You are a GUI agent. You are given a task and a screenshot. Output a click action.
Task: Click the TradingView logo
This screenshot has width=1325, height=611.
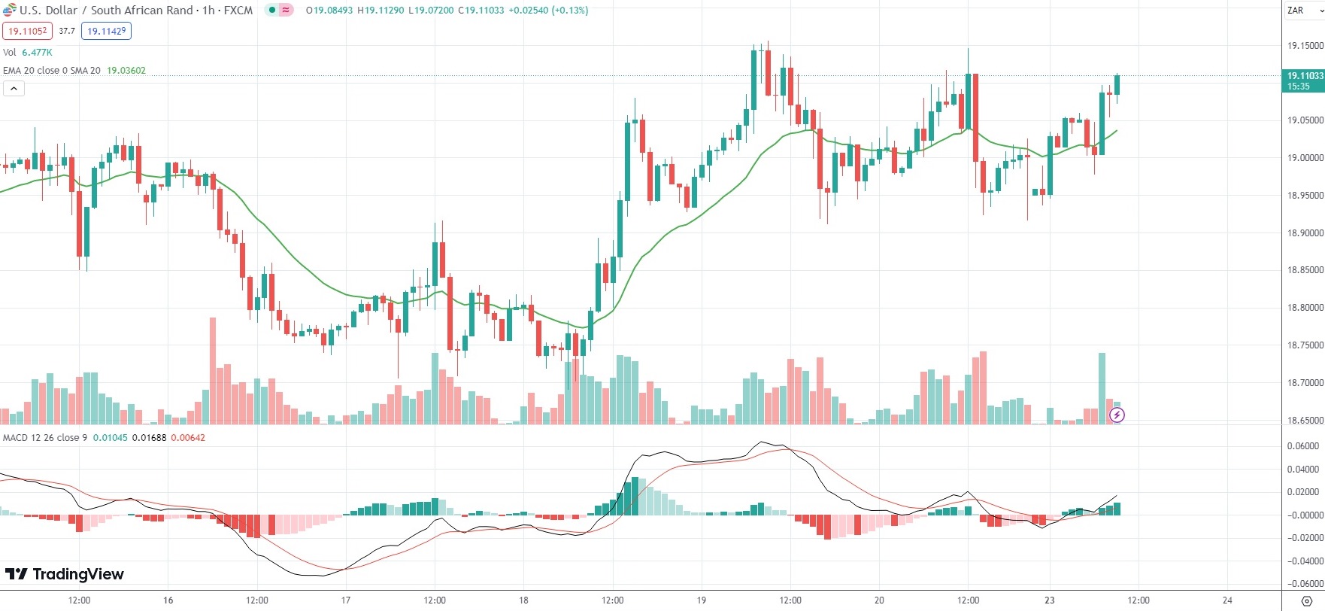click(x=65, y=574)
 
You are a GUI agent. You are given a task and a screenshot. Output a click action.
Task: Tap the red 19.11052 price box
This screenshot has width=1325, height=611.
click(x=27, y=31)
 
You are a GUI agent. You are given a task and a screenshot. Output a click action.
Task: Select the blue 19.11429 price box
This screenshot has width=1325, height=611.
click(x=106, y=31)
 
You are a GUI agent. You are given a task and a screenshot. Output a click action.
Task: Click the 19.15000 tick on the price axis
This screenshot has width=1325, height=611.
click(x=1305, y=46)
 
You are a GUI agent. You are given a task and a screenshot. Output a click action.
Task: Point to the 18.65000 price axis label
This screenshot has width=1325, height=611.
click(x=1305, y=421)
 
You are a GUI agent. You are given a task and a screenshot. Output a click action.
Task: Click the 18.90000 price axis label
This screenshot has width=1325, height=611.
click(x=1305, y=233)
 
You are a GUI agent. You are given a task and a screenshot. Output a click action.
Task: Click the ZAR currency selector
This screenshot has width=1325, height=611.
click(x=1302, y=11)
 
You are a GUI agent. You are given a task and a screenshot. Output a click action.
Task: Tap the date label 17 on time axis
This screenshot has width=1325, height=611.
click(x=346, y=600)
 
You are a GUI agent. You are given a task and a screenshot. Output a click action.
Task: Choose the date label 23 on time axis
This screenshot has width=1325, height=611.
click(x=1050, y=600)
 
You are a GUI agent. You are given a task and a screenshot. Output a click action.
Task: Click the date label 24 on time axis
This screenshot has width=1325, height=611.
click(x=1227, y=600)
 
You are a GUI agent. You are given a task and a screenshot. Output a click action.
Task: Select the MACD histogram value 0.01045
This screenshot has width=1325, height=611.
click(x=110, y=438)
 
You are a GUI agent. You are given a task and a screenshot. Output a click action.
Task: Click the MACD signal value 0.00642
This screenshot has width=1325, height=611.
click(x=188, y=438)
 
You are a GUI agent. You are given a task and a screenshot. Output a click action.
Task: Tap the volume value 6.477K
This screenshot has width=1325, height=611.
click(x=37, y=53)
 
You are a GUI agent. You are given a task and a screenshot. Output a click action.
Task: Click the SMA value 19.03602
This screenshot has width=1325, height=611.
click(x=126, y=71)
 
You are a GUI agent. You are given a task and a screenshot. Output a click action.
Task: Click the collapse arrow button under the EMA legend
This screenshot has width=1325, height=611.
click(x=14, y=89)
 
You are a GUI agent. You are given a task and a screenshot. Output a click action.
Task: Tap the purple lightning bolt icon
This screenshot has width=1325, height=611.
click(x=1117, y=415)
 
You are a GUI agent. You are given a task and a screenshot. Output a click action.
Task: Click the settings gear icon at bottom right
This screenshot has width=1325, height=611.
click(x=1306, y=600)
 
